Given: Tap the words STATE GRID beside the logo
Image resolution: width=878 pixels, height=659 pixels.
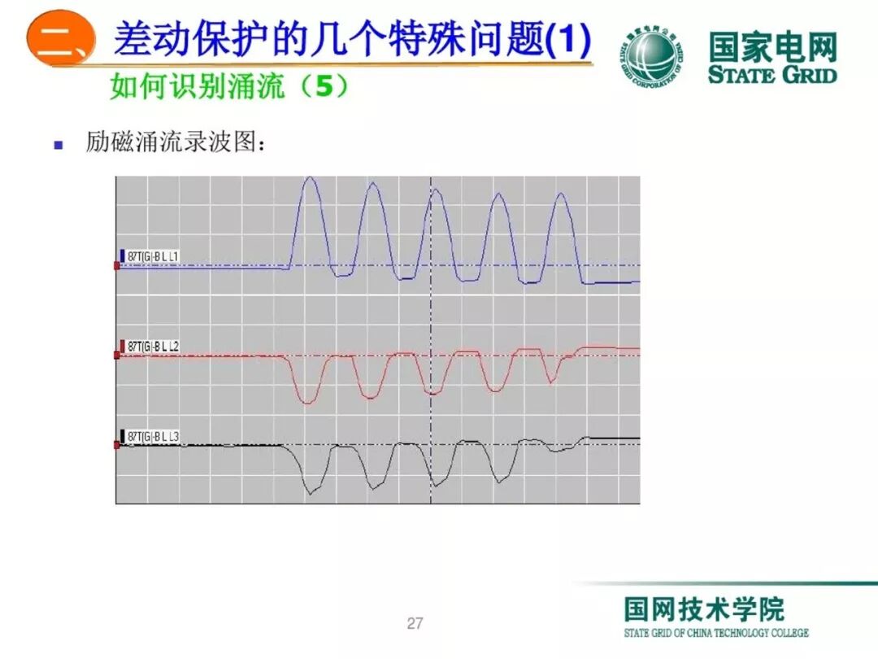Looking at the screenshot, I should coord(772,75).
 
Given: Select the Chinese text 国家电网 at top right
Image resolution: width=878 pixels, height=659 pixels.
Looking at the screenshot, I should coord(772,47).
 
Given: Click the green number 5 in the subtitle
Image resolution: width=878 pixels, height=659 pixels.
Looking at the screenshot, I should coord(324,85).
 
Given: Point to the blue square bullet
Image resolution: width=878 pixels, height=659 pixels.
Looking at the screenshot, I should coord(58,146).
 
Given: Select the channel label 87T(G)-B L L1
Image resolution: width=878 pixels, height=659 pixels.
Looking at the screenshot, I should coord(153,257).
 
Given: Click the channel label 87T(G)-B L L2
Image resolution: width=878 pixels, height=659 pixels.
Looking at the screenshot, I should coord(153,347).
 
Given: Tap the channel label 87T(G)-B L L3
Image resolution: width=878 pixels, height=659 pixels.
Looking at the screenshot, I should coord(153,438).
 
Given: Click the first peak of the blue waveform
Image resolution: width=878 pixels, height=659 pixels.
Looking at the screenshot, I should coord(310,178).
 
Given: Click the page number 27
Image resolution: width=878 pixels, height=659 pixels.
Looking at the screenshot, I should coord(415,624).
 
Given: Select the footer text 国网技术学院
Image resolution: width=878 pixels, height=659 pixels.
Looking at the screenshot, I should coord(704,609).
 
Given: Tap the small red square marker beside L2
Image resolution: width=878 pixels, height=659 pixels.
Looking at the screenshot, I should coord(117,356).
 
